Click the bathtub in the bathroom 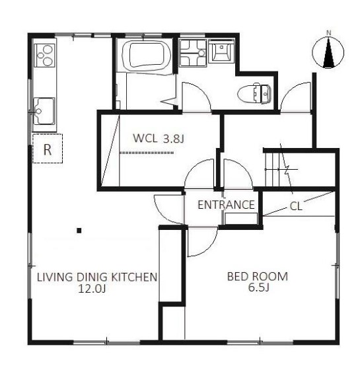147,56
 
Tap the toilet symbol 254,93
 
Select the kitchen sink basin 44,111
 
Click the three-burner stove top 45,56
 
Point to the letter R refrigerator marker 48,149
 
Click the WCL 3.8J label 159,138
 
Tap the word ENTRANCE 226,205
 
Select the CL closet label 296,206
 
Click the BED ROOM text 258,276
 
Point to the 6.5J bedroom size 258,287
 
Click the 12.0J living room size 92,289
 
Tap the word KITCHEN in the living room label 134,277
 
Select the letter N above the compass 328,33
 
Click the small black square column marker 79,231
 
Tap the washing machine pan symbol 193,53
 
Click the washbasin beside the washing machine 221,51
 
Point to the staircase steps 273,169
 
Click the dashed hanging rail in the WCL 147,153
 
